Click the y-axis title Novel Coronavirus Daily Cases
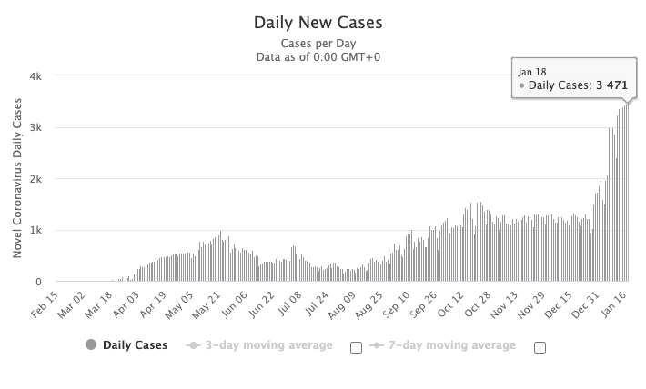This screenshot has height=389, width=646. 18,179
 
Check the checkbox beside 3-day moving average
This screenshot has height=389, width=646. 356,347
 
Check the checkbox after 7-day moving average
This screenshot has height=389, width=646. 540,347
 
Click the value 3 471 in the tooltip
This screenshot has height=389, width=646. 612,86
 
